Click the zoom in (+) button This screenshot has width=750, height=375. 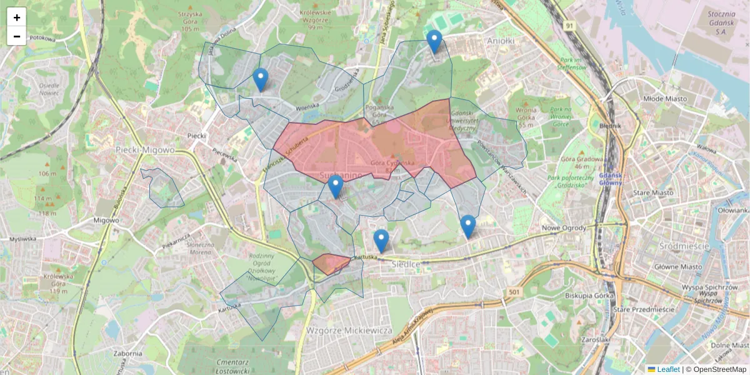(x=17, y=17)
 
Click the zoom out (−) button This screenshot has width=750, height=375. (x=17, y=36)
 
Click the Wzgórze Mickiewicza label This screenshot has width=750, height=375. (x=349, y=329)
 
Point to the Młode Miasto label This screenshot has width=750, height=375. (x=665, y=99)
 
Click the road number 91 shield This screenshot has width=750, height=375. (x=568, y=26)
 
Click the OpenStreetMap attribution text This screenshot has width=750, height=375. (x=719, y=369)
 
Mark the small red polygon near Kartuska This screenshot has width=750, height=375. (x=331, y=263)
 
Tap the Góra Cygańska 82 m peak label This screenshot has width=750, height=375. (x=392, y=166)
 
